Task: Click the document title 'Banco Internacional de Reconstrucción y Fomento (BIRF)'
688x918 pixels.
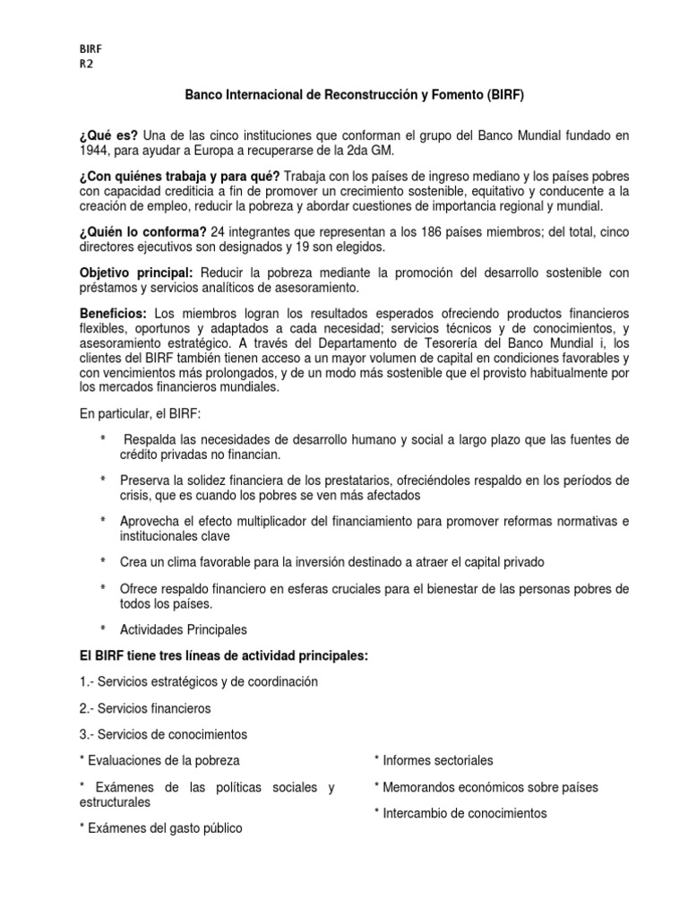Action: [355, 94]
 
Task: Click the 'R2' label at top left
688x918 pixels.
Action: [86, 64]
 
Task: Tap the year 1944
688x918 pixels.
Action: [96, 151]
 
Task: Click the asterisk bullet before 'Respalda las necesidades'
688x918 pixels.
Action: [103, 439]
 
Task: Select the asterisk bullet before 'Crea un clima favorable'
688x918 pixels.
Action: [103, 561]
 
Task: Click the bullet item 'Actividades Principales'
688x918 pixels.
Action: [183, 629]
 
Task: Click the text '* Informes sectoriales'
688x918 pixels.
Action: [434, 760]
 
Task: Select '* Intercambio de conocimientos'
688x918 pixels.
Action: [460, 813]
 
